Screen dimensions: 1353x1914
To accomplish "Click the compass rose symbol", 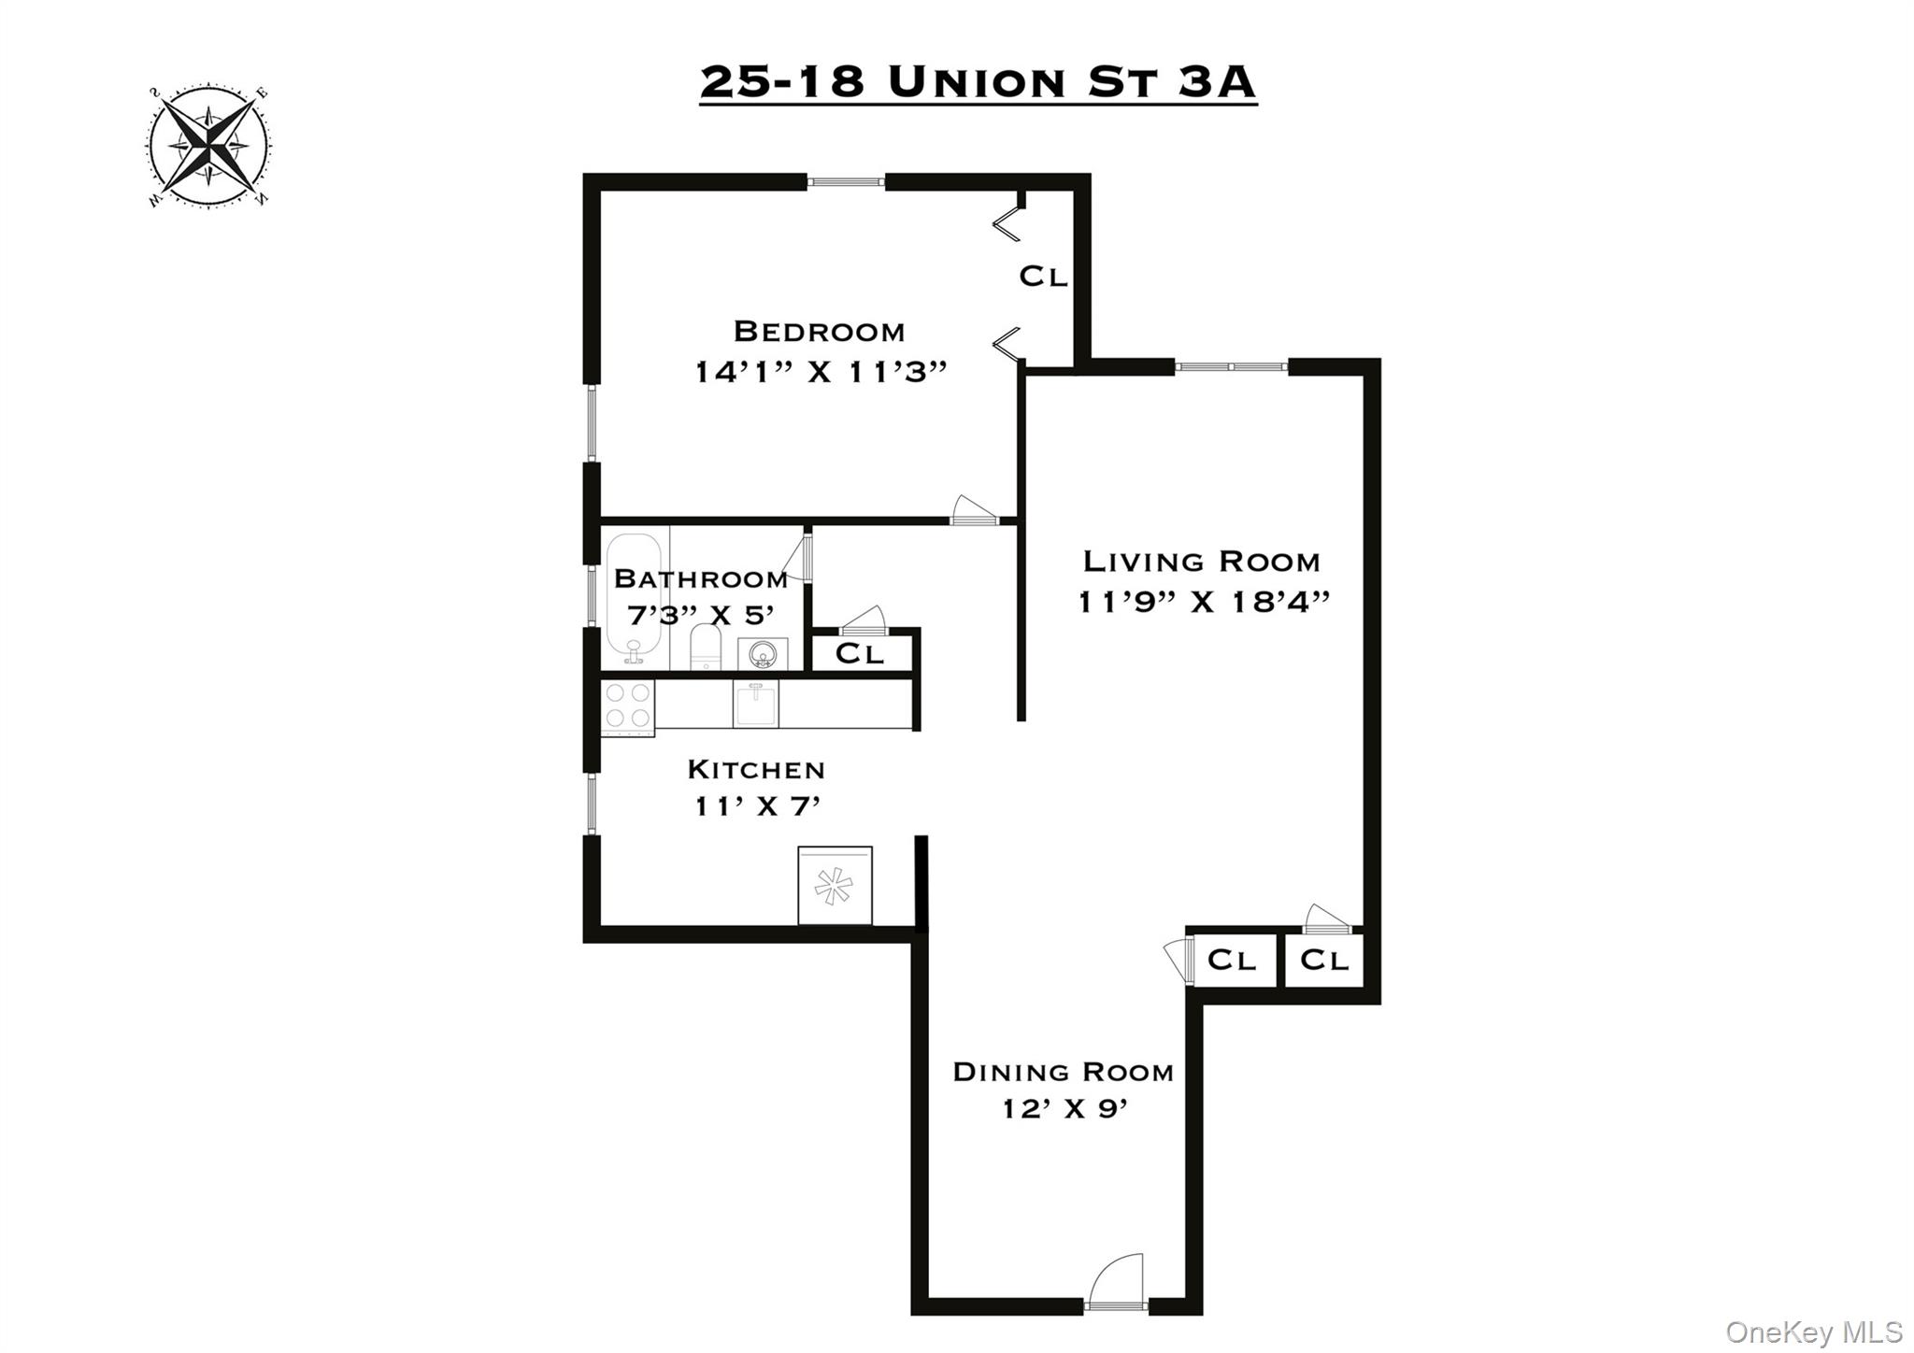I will click(x=208, y=147).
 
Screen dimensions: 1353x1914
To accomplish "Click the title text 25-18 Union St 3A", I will click(x=978, y=82).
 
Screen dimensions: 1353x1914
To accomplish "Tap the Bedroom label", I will click(x=819, y=332).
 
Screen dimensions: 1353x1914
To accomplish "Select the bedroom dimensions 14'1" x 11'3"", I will click(x=821, y=372).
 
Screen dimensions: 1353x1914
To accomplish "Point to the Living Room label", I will click(x=1201, y=562).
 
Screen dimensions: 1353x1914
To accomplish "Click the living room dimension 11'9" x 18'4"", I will click(x=1204, y=602).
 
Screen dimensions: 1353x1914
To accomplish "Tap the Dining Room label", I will click(x=1063, y=1072).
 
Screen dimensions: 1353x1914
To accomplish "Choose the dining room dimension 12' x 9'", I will click(x=1065, y=1109).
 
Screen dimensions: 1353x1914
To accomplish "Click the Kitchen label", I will click(x=756, y=770).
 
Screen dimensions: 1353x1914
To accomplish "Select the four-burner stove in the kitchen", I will click(x=628, y=705).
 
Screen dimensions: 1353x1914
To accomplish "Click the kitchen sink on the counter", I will click(x=755, y=704).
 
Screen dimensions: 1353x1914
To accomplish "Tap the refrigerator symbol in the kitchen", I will click(x=835, y=885).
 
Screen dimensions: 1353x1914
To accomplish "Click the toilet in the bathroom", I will click(x=707, y=647).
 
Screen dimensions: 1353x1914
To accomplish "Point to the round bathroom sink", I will click(x=763, y=653).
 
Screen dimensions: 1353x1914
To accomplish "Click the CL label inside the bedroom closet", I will click(x=1043, y=277).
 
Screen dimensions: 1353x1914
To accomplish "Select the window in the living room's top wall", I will click(x=1231, y=366).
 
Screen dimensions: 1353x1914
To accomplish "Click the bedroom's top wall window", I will click(x=846, y=181).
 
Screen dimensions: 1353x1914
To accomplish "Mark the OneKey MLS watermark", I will click(x=1813, y=1331).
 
